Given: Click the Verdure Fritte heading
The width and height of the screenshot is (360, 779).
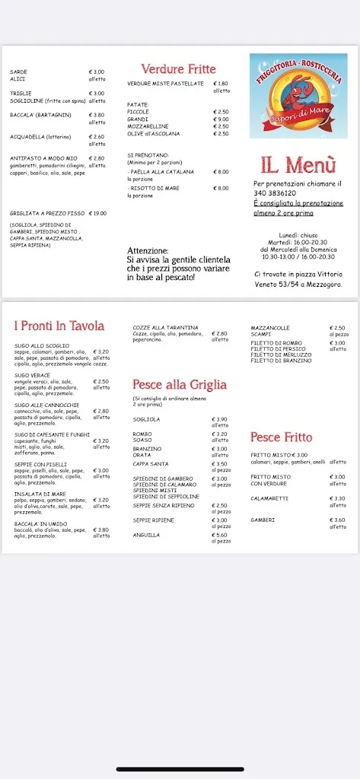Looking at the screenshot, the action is point(178,69).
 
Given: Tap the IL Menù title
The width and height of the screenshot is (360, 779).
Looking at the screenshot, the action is point(298,164).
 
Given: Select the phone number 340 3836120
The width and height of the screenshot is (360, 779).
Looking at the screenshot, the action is point(277,193).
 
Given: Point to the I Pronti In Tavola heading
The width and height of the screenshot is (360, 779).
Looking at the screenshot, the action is point(59,326).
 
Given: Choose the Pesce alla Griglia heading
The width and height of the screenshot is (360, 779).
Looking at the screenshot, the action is point(180,385).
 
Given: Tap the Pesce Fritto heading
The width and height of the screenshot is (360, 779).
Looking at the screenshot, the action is point(282,437).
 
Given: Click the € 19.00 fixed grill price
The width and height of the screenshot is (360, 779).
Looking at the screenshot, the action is point(97,214).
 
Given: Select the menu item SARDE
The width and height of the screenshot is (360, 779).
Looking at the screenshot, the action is point(18,72).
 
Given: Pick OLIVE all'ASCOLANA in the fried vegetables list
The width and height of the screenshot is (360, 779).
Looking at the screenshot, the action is point(154,134).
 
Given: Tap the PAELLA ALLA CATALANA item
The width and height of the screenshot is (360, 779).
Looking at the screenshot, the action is point(162,172).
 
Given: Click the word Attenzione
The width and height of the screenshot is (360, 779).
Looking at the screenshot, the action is point(148,250).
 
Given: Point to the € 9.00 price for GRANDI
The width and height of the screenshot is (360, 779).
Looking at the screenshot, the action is point(221,119).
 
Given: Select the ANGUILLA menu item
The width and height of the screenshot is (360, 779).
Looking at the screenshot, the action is point(146,535).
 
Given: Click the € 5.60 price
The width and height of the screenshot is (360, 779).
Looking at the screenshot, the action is point(219,535).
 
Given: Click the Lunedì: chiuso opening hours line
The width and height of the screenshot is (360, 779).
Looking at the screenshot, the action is point(298,235).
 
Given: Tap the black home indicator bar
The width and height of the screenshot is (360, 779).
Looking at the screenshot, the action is point(180,769).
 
